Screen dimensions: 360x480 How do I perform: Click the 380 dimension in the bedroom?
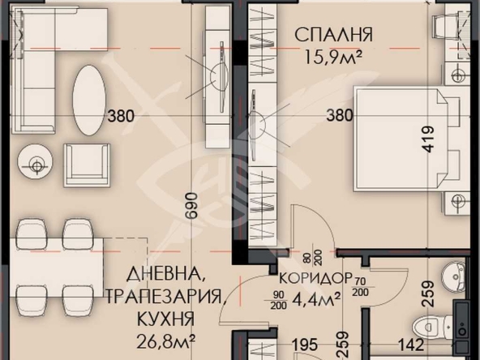coord(339,115)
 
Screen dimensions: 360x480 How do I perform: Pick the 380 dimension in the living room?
coord(121,115)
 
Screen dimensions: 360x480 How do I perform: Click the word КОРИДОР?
coord(311,276)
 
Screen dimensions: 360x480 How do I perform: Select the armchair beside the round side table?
coord(87,165)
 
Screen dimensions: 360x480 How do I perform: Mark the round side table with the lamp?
coord(35,164)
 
